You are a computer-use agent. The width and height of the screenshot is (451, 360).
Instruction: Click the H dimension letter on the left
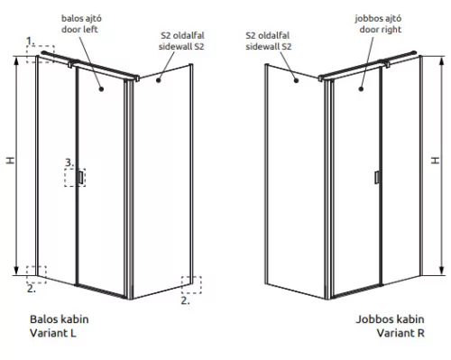pyautogui.click(x=11, y=161)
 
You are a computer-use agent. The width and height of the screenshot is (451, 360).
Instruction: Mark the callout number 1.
pyautogui.click(x=30, y=41)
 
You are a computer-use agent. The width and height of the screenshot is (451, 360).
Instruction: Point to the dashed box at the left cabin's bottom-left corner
pyautogui.click(x=37, y=272)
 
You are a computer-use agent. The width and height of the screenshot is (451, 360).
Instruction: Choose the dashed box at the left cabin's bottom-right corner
pyautogui.click(x=190, y=284)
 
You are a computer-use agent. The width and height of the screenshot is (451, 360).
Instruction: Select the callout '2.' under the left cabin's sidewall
pyautogui.click(x=185, y=301)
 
